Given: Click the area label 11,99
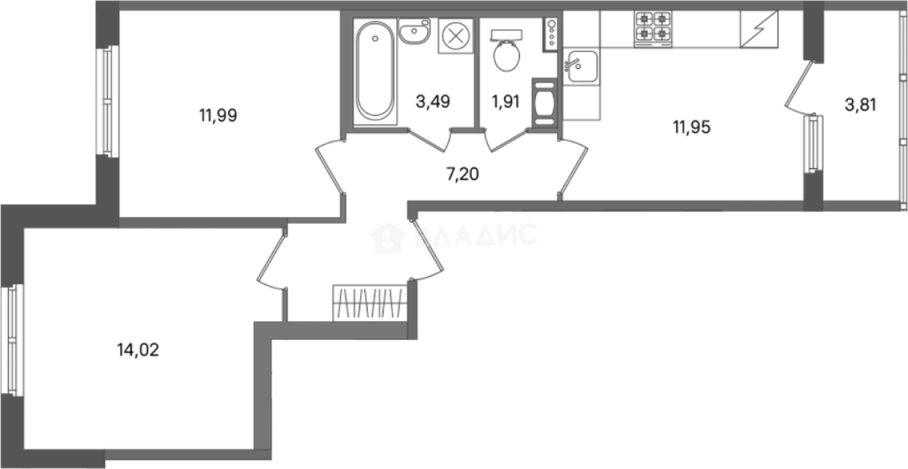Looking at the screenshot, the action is pos(218,116).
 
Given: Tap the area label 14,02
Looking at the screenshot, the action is pos(138,349).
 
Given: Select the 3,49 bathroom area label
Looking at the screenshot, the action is pos(433,101).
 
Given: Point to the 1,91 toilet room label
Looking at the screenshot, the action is pos(506,101).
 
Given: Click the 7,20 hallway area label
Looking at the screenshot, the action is pos(463,174).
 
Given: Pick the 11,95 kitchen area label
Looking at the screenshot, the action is pos(692,127).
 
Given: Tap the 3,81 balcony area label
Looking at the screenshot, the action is pos(861,104).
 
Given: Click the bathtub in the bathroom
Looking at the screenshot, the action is pos(375,71).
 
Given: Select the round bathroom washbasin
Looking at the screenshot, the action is pos(414,31).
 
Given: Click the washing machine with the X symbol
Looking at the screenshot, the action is pos(456,36).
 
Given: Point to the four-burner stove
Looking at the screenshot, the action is pos(653,29).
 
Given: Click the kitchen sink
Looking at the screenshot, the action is pos(581,66).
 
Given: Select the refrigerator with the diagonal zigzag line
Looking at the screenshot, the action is pos(760,29).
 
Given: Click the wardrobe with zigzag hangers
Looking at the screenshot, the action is pos(370,303).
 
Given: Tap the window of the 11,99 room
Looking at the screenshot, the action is pos(107,101).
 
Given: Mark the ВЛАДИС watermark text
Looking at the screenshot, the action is pos(453,237).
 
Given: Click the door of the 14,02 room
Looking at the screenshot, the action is pos(271,260).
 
